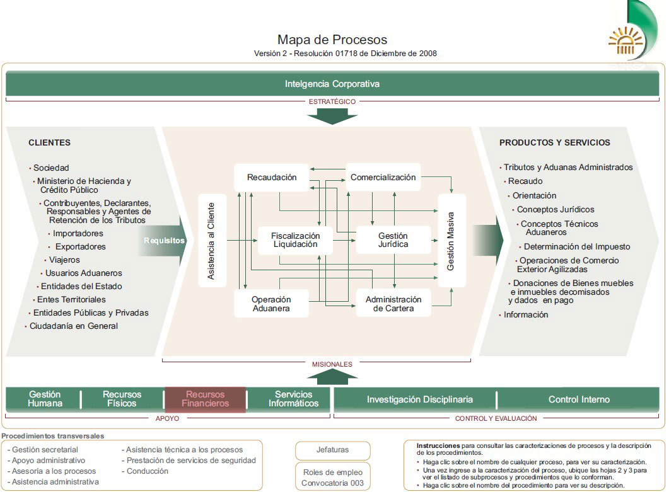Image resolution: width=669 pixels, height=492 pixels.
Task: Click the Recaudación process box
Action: click(x=271, y=178)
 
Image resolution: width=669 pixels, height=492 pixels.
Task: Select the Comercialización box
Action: click(x=383, y=178)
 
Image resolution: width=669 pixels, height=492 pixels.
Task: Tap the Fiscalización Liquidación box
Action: click(x=295, y=240)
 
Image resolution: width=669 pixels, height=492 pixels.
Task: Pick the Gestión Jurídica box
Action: click(x=393, y=240)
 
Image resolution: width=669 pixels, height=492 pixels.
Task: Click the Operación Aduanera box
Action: click(x=271, y=304)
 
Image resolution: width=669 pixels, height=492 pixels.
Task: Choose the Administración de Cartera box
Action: click(x=393, y=304)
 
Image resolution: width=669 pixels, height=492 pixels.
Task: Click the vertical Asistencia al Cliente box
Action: click(x=212, y=241)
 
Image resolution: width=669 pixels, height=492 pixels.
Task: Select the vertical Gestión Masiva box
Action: click(x=451, y=241)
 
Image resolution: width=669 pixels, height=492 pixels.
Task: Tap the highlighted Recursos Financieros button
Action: click(x=205, y=399)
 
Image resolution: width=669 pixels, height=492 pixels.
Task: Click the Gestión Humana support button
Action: click(x=45, y=399)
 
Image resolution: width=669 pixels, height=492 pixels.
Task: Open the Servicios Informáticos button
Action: click(x=294, y=399)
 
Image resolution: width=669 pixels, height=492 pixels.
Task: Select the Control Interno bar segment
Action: click(x=579, y=399)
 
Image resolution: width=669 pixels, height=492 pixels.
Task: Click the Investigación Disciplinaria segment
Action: click(x=420, y=399)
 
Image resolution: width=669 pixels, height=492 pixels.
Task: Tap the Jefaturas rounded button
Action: click(x=333, y=450)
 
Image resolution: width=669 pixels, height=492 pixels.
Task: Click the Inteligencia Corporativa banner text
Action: click(x=332, y=84)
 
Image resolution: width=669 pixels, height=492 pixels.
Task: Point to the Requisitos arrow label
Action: click(x=165, y=241)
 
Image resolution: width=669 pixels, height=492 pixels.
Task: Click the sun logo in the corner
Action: click(x=625, y=41)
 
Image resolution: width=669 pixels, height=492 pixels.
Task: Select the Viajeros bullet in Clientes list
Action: click(x=64, y=260)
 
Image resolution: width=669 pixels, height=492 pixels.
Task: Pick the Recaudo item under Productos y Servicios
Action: click(x=525, y=181)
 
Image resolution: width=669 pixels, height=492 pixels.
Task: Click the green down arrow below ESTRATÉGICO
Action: click(x=332, y=117)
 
